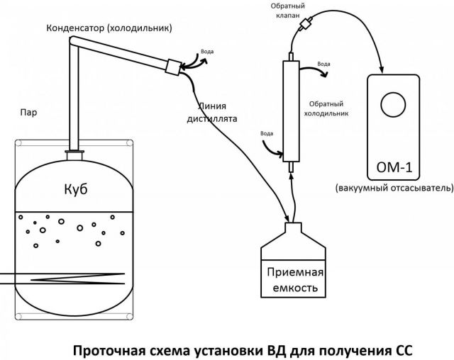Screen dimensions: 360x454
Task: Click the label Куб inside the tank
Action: coord(74,190)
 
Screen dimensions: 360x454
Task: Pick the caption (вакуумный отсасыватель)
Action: coord(394,189)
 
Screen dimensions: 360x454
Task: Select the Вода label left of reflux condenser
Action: coord(267,133)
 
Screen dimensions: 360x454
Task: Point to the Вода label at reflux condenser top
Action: coord(323,65)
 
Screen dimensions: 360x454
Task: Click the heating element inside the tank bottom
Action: coord(71,276)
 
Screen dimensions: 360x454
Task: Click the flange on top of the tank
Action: coord(74,151)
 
